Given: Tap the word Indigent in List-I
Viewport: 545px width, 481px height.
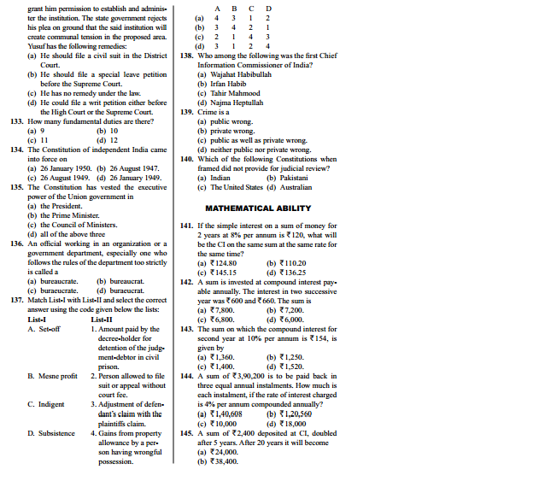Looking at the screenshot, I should coord(47,404).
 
